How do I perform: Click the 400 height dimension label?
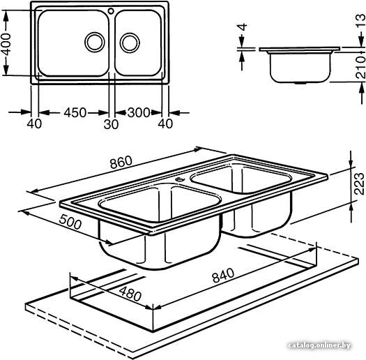(x=6, y=45)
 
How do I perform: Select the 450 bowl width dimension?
(x=75, y=112)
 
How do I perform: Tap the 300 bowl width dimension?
(x=139, y=112)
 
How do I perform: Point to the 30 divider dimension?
(x=111, y=124)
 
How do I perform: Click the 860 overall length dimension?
(x=121, y=162)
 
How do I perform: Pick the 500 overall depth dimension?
(x=70, y=222)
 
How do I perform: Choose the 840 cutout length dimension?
(x=223, y=275)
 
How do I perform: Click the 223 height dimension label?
(x=359, y=183)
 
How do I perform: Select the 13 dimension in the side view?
(x=361, y=21)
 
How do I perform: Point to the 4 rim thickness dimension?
(x=243, y=27)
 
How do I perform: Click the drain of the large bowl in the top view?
(x=95, y=43)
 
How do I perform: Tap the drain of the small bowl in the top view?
(x=130, y=43)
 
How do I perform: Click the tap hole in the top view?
(x=111, y=10)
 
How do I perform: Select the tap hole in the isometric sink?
(x=179, y=179)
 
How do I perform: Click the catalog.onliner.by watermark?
(x=319, y=345)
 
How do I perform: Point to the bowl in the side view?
(x=300, y=67)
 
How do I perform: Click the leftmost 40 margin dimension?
(x=34, y=123)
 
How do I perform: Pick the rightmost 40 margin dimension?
(x=165, y=123)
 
